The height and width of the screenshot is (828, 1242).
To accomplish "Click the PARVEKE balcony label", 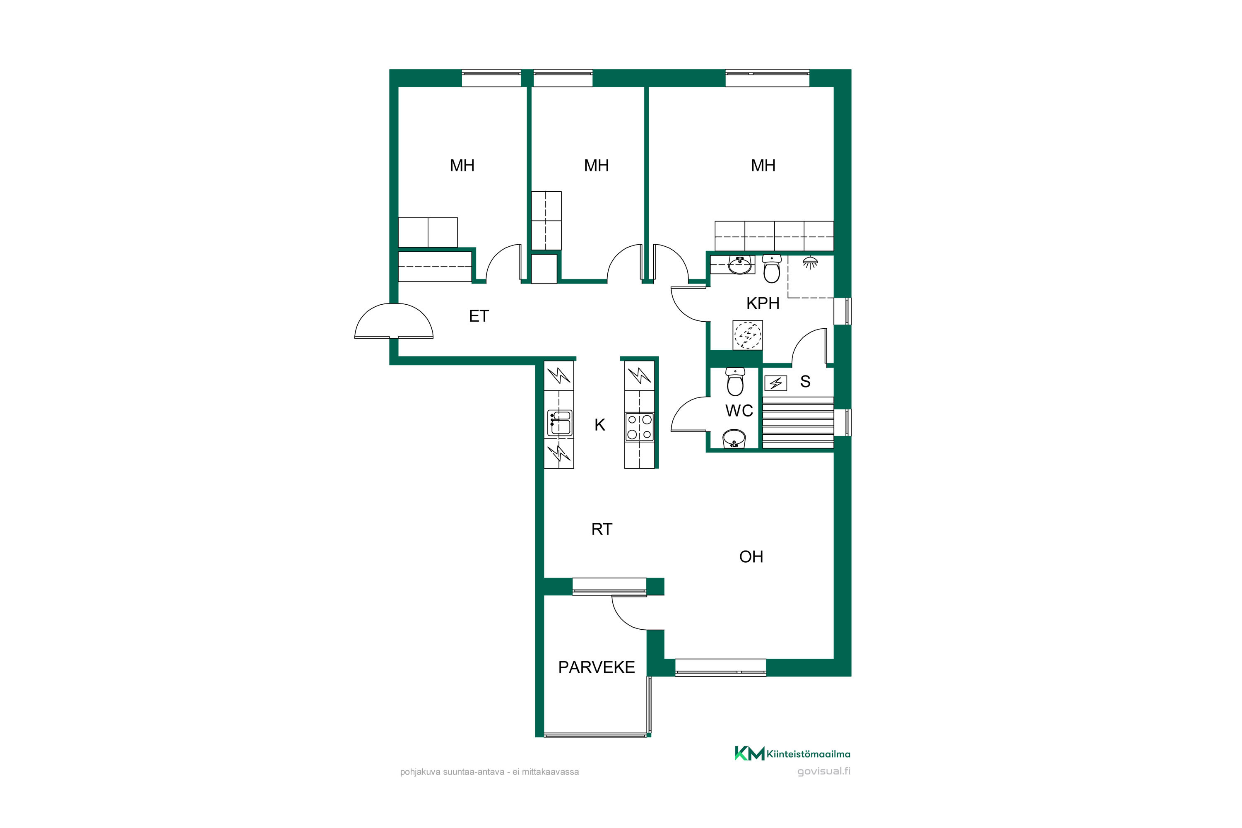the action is (596, 667).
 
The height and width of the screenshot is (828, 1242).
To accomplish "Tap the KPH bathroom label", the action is (763, 303).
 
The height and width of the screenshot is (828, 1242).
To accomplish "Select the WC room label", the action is (739, 410).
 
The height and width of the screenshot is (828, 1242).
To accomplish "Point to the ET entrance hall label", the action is (479, 316).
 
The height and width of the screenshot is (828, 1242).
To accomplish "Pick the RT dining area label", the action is (602, 529).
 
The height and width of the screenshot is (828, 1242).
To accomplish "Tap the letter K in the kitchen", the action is (599, 425).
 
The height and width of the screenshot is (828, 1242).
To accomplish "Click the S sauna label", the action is (805, 381).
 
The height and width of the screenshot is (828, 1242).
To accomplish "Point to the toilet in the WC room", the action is (735, 382).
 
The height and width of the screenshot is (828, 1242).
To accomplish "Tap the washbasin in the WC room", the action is (734, 439).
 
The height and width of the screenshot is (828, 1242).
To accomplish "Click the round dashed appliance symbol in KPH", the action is (748, 335).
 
